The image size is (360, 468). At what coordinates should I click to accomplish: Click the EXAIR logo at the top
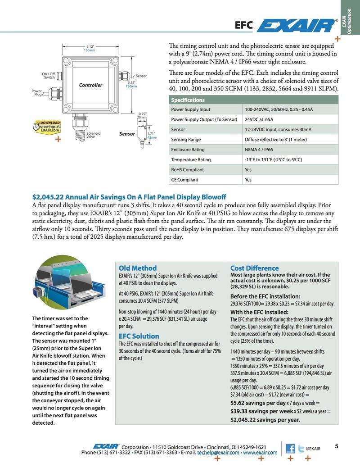[296, 26]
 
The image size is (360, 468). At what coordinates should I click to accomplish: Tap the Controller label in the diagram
[90, 85]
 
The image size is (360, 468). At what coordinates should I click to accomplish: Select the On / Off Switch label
[49, 76]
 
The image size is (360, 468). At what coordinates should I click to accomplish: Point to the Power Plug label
[36, 92]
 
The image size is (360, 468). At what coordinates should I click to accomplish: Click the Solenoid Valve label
[93, 135]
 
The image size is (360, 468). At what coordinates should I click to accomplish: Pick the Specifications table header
[188, 100]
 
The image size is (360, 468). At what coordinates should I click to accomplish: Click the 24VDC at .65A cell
[259, 119]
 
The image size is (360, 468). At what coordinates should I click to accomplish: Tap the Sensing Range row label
[186, 140]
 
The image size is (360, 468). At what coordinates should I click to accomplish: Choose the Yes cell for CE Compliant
[248, 180]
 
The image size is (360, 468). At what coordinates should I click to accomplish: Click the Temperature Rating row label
[191, 159]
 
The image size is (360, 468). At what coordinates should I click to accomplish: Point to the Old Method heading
[138, 268]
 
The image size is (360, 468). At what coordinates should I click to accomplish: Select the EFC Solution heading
[139, 336]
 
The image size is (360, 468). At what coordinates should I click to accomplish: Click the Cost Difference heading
[254, 268]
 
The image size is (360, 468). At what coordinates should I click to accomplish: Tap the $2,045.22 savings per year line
[265, 419]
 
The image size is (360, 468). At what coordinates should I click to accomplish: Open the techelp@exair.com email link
[218, 452]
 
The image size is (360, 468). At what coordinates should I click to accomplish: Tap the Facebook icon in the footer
[290, 449]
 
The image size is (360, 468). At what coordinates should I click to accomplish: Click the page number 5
[336, 446]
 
